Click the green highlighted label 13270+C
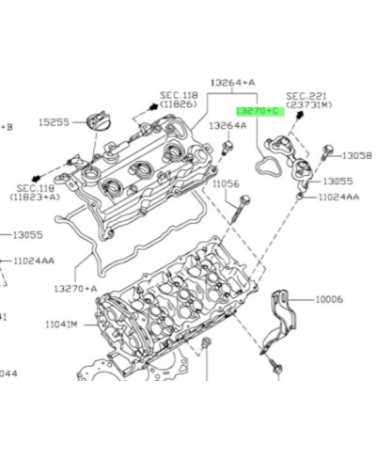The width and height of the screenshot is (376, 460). click(260, 111)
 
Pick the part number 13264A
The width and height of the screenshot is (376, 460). click(228, 124)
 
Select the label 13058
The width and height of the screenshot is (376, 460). click(358, 155)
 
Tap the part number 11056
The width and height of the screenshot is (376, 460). click(225, 184)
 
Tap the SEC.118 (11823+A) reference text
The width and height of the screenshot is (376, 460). click(34, 194)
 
